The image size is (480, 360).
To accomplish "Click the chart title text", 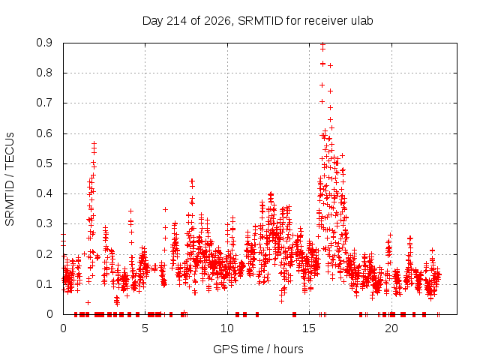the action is point(258,21).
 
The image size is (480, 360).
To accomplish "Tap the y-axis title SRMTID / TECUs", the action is point(10,179).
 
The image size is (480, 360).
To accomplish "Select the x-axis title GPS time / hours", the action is point(258,349).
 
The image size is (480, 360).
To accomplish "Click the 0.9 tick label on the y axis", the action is point(44,43).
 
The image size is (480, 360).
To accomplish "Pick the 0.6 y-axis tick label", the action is point(44,133).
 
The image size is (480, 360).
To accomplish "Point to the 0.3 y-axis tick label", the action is point(44,224).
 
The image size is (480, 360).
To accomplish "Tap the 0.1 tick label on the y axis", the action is point(44,284).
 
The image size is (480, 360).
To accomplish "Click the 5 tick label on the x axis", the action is point(145,328).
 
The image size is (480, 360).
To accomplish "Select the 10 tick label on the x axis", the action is point(227,328).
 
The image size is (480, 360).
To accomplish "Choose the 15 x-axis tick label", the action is point(309,328).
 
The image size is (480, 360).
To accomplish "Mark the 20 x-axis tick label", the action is point(391,328).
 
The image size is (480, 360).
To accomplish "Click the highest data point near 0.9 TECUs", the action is point(322,44).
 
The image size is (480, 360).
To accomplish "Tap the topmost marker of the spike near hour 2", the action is point(94,143).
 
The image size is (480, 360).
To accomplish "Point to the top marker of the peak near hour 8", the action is point(192,181).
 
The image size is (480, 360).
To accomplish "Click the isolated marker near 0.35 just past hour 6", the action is point(165,210).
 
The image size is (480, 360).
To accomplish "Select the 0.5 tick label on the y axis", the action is point(44,163).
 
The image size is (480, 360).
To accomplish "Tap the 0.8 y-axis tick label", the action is point(44,73).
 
